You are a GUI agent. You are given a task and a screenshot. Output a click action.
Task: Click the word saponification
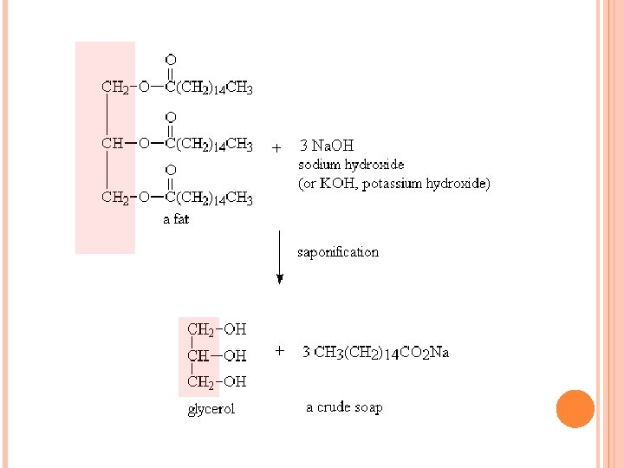[x=338, y=252]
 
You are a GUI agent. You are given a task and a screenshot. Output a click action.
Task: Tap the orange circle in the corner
[x=575, y=408]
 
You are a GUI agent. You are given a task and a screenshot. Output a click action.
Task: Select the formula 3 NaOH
[x=327, y=146]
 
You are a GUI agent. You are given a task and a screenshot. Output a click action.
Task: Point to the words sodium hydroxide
[x=351, y=164]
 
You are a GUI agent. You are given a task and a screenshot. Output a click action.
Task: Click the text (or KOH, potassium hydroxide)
[x=394, y=184]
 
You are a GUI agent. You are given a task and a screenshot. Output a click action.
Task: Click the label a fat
[x=176, y=219]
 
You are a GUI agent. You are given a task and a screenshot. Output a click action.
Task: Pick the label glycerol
[x=211, y=409]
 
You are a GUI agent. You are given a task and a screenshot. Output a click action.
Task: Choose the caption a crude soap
[x=344, y=407]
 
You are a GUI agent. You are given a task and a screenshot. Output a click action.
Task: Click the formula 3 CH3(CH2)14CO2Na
[x=375, y=352]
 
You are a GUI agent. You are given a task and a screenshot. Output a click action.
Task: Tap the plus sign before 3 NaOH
[x=276, y=146]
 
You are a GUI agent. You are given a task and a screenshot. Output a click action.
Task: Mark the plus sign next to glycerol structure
[x=279, y=351]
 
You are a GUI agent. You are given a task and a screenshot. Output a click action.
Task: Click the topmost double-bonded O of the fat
[x=171, y=60]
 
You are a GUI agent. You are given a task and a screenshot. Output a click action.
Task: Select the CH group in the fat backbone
[x=112, y=144]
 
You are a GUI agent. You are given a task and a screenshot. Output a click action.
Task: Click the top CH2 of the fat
[x=114, y=87]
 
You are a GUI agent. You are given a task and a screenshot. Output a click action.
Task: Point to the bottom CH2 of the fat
[x=114, y=198]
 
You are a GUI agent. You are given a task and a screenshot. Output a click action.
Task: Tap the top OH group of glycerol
[x=235, y=329]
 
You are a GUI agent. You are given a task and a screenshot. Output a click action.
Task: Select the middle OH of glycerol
[x=235, y=355]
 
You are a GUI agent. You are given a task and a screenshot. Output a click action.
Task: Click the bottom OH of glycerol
[x=235, y=381]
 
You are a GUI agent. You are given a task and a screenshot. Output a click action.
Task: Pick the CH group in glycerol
[x=198, y=355]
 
